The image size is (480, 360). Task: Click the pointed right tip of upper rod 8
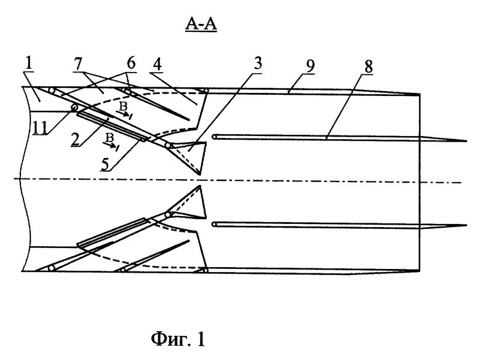pyautogui.click(x=464, y=141)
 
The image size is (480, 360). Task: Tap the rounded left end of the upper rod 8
pyautogui.click(x=215, y=136)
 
